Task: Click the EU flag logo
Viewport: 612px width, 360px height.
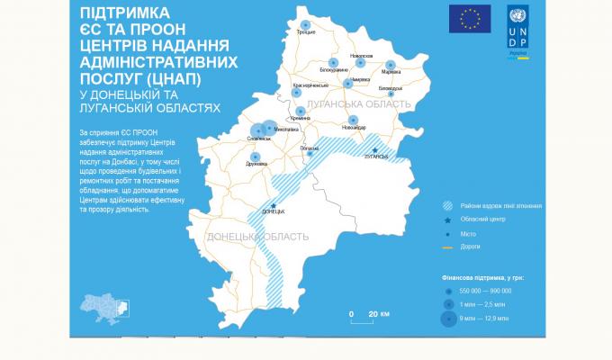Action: point(470,18)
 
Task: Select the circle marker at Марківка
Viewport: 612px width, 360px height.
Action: point(391,65)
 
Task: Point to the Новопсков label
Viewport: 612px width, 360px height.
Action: point(361,55)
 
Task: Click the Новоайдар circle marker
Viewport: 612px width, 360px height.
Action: point(354,120)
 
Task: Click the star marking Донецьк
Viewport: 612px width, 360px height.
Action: point(273,205)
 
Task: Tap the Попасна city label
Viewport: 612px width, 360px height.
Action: point(309,148)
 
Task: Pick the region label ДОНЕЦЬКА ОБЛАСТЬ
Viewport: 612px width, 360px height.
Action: point(257,237)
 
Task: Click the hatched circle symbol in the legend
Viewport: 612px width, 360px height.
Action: point(447,205)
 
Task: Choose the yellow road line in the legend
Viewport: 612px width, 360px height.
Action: point(447,246)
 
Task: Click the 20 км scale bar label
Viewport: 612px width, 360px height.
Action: point(379,313)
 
